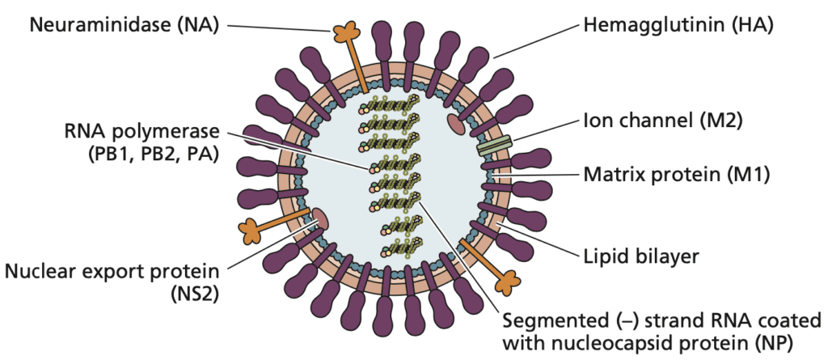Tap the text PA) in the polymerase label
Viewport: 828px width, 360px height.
pyautogui.click(x=196, y=154)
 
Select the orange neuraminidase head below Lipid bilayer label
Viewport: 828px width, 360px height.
pyautogui.click(x=506, y=281)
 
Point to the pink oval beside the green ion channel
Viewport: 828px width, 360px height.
pyautogui.click(x=456, y=124)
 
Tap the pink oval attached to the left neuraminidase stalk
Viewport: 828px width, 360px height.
pyautogui.click(x=319, y=216)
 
